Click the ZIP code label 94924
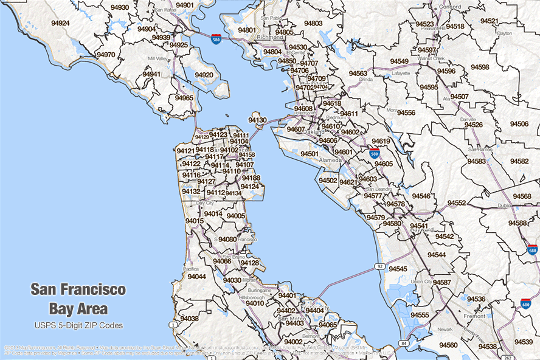pyautogui.click(x=57, y=23)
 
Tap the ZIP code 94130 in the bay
pyautogui.click(x=257, y=120)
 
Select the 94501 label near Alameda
pyautogui.click(x=309, y=154)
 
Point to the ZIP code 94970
pyautogui.click(x=105, y=55)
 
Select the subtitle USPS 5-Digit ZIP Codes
pyautogui.click(x=78, y=325)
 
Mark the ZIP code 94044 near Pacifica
pyautogui.click(x=196, y=277)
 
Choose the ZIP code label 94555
pyautogui.click(x=419, y=315)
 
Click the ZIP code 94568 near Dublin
pyautogui.click(x=521, y=196)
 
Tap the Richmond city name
pyautogui.click(x=270, y=37)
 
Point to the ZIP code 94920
pyautogui.click(x=204, y=75)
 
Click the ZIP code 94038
pyautogui.click(x=189, y=319)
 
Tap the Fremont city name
pyautogui.click(x=475, y=316)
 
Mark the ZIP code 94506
pyautogui.click(x=519, y=123)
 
